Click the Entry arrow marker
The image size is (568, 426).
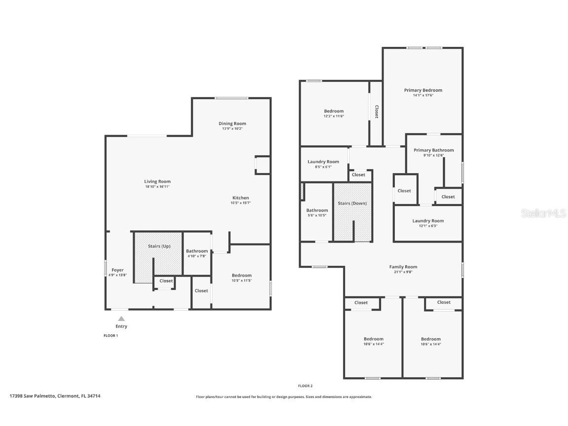121,319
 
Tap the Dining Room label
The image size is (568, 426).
232,123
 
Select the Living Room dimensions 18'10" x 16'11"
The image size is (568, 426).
157,187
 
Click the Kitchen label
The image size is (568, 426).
241,198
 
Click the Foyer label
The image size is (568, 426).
117,270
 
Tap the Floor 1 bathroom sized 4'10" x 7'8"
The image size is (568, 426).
197,253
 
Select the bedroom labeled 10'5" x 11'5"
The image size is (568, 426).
242,278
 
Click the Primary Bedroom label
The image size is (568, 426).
423,90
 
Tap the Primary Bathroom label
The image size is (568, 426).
433,150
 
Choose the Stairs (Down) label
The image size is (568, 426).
352,203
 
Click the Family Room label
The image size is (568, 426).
403,267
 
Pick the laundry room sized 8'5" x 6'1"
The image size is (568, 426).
323,164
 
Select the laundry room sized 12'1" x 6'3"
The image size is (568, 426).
428,223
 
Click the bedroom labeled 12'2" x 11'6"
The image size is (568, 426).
334,113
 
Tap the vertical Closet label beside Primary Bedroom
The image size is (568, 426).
377,112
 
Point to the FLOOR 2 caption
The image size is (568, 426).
305,386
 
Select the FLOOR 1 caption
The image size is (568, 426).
110,335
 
